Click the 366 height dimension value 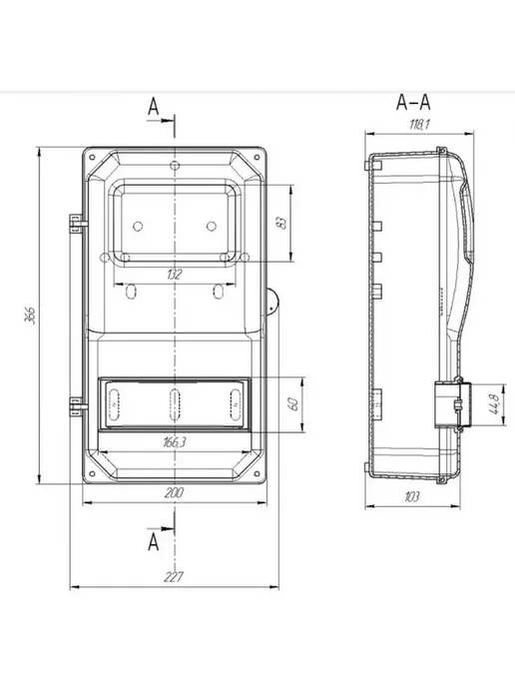pos(31,315)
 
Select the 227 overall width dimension pos(174,577)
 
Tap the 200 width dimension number pos(174,493)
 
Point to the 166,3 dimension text pos(175,442)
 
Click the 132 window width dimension pos(174,275)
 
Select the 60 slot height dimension pos(293,403)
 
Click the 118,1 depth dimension pos(419,125)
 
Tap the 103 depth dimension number pos(411,496)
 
